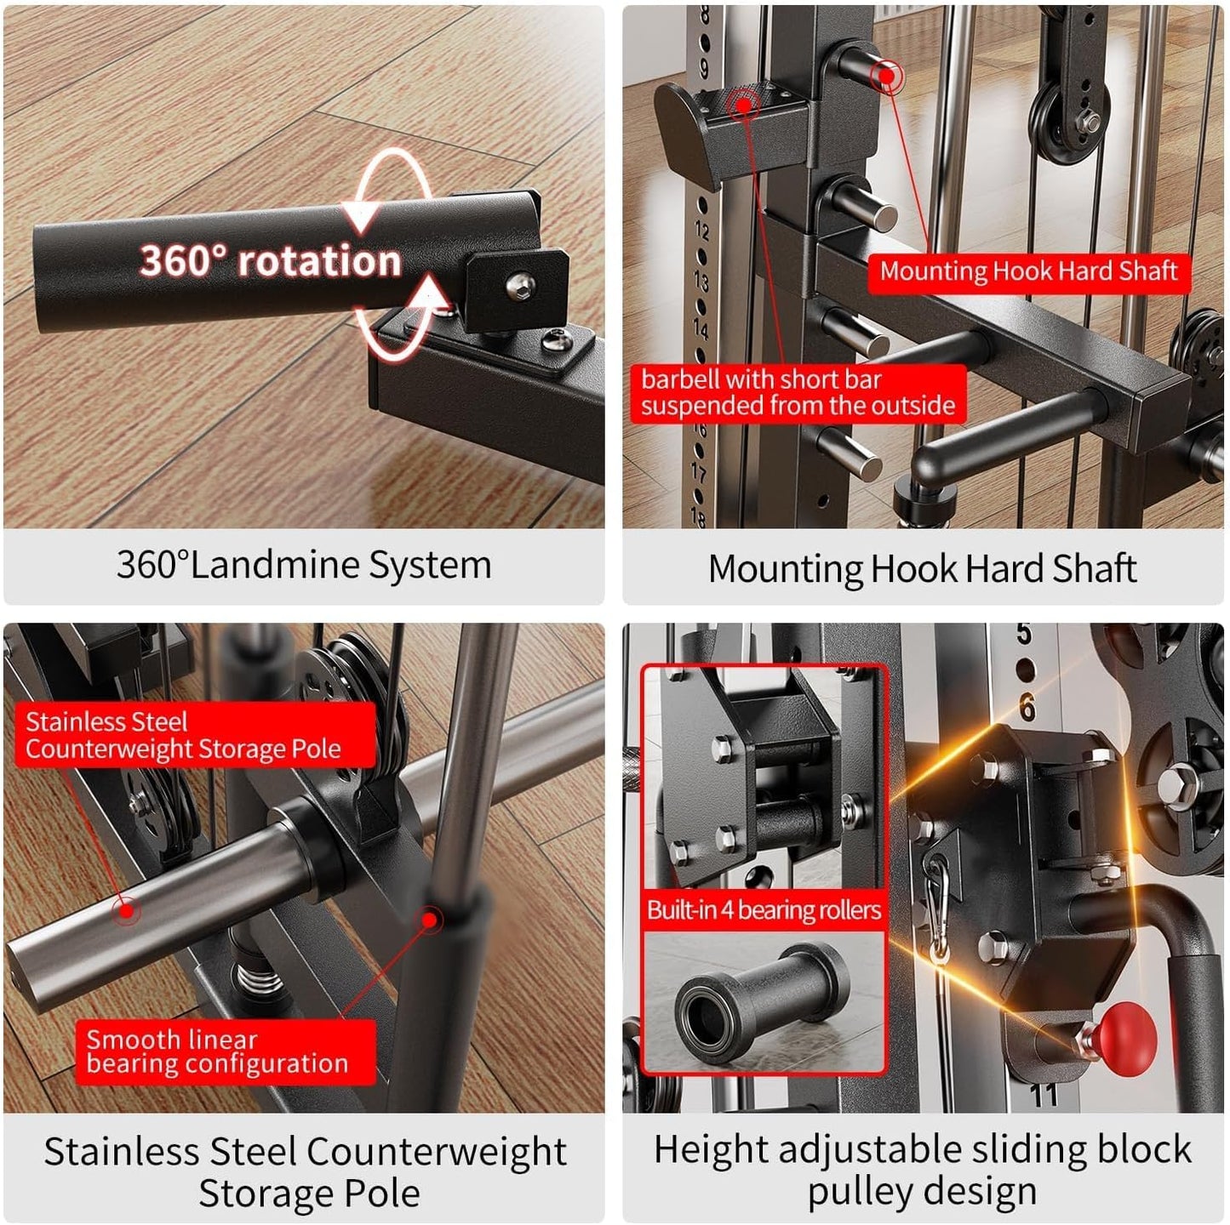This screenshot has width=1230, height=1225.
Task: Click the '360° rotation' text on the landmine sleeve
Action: [x=270, y=260]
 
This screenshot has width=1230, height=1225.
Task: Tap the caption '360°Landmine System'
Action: [x=304, y=566]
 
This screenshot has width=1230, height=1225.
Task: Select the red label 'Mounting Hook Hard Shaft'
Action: [x=1028, y=272]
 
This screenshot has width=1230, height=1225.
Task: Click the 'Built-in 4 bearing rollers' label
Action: [x=764, y=910]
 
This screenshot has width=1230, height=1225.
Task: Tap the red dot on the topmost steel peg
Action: [x=888, y=77]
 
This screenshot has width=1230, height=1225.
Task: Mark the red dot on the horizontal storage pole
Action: [x=127, y=910]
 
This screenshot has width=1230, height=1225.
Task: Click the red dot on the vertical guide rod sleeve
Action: [x=431, y=919]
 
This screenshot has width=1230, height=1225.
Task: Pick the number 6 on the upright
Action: [x=1028, y=708]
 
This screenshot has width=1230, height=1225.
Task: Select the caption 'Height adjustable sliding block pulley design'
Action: [x=922, y=1170]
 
